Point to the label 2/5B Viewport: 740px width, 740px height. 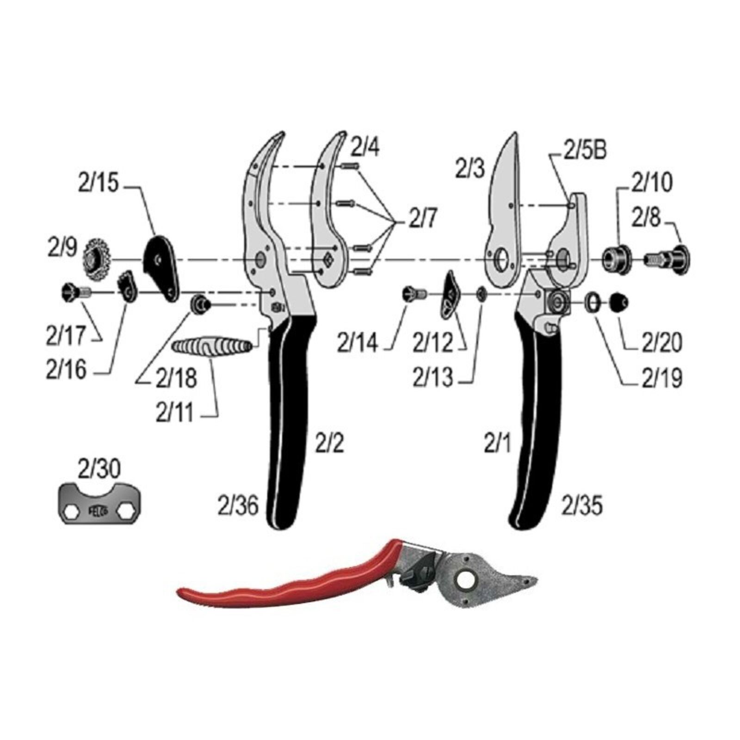coord(584,151)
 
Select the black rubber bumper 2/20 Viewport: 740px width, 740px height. coord(619,302)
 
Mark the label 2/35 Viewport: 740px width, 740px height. coord(582,506)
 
